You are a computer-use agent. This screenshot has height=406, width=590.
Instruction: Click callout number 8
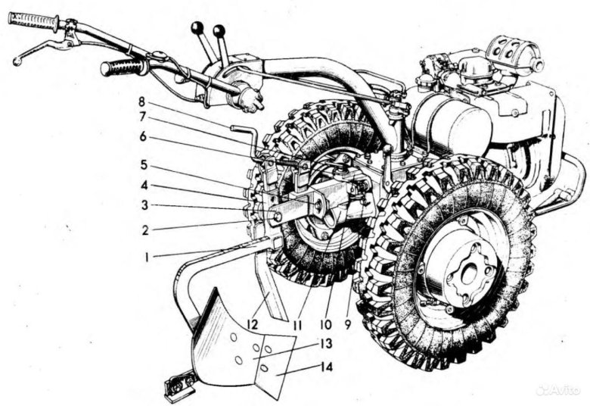[x=141, y=101]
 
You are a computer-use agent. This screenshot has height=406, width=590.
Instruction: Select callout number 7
[x=142, y=117]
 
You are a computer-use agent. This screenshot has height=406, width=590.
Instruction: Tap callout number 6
[x=143, y=136]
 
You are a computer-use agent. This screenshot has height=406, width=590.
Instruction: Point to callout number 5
[x=144, y=165]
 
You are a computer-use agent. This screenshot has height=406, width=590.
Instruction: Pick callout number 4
[x=144, y=185]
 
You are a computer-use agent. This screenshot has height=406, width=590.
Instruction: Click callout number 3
[x=144, y=206]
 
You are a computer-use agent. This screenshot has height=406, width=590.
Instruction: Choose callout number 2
[x=145, y=230]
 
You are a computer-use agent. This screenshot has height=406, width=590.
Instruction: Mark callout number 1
[x=147, y=257]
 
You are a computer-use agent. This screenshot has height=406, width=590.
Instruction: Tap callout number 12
[x=253, y=324]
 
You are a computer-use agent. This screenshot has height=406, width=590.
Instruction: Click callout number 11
[x=297, y=325]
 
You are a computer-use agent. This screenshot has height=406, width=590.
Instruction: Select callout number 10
[x=325, y=324]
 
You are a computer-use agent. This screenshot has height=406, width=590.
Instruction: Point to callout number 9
[x=347, y=324]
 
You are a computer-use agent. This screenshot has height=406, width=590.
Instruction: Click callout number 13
[x=326, y=343]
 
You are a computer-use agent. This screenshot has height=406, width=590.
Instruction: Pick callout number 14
[x=327, y=367]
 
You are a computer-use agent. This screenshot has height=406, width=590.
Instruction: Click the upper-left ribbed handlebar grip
[x=34, y=21]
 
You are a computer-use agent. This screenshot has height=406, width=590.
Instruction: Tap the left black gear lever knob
[x=197, y=27]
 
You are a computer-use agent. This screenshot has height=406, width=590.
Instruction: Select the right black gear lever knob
[x=219, y=31]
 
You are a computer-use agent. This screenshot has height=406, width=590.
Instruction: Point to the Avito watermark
[x=558, y=389]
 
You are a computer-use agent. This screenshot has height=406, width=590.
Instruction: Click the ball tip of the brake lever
[x=16, y=61]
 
